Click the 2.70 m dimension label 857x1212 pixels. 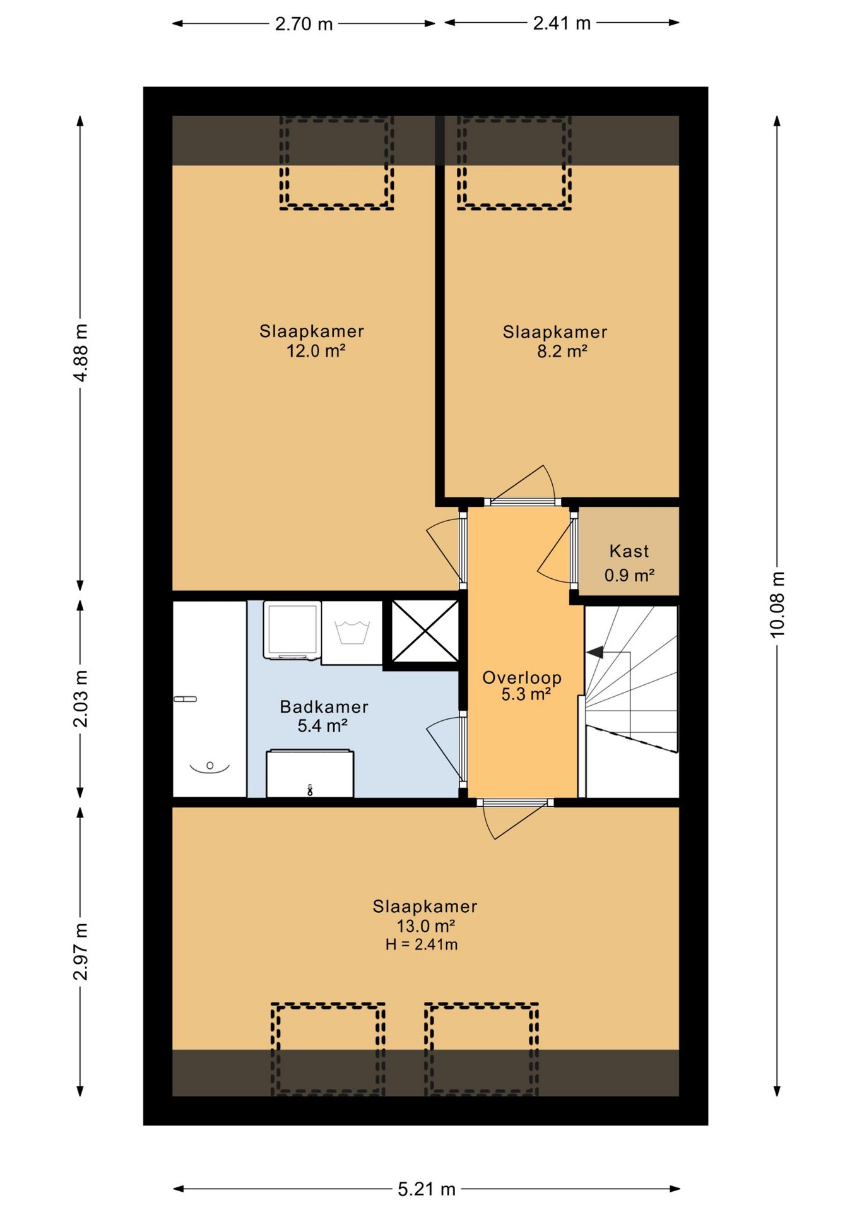coord(304,24)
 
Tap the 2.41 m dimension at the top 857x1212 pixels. coord(562,23)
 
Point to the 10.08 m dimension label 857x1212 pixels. coord(777,605)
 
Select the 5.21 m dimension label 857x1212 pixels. coord(427,1189)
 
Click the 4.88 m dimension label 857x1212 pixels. coord(81,353)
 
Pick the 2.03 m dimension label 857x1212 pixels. coord(81,699)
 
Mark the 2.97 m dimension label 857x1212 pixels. coord(81,951)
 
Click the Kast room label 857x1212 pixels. coord(629,551)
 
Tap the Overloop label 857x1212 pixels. coord(522,677)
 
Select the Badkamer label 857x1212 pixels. coord(324,706)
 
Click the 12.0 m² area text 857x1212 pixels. coord(316,350)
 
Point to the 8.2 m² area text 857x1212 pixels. coord(562,351)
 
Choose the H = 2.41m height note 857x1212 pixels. coord(422,944)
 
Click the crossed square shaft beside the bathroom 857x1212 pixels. coord(425,631)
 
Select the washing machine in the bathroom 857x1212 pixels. coord(292,631)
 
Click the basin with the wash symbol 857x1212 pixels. coord(352,633)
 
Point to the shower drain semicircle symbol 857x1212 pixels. coord(210,767)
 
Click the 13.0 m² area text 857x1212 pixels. coord(426,926)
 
